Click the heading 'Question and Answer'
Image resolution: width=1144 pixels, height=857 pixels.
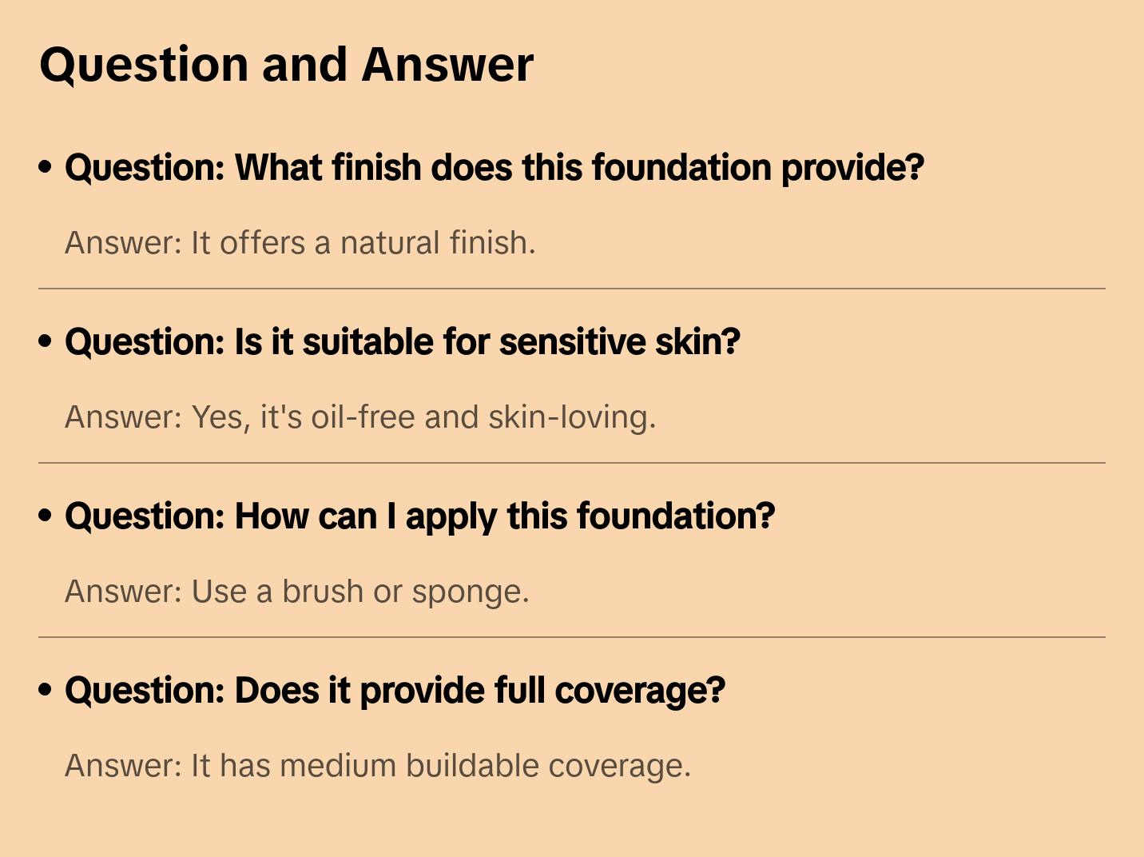(286, 65)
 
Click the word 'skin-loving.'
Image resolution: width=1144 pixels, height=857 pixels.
(572, 417)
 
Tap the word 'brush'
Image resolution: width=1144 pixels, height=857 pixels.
(323, 592)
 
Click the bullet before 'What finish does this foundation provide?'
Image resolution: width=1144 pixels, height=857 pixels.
(46, 167)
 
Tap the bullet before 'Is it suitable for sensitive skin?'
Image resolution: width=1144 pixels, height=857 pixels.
(46, 341)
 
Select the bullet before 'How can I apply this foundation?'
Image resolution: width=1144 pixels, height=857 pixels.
(46, 516)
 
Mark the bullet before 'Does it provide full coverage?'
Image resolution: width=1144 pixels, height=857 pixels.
(46, 690)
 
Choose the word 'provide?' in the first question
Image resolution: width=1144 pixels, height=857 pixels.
(852, 169)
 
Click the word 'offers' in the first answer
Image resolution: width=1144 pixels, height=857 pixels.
(262, 243)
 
